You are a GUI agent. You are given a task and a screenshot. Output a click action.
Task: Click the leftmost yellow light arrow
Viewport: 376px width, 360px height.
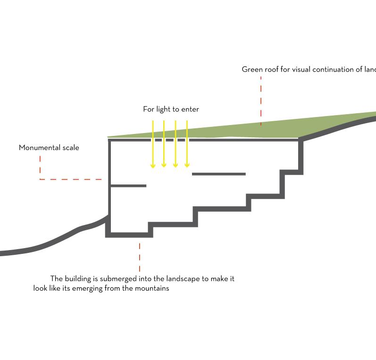pyautogui.click(x=153, y=144)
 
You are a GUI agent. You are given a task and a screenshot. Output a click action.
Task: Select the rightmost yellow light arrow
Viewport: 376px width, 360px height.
pyautogui.click(x=187, y=144)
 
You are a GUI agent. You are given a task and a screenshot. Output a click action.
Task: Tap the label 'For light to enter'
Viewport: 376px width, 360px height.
pyautogui.click(x=171, y=109)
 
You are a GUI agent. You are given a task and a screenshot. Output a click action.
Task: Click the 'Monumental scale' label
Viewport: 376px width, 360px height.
pyautogui.click(x=49, y=148)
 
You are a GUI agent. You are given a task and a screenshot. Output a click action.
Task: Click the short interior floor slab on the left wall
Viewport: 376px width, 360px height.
pyautogui.click(x=128, y=186)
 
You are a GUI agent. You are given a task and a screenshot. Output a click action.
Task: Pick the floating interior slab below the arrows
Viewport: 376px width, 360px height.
pyautogui.click(x=219, y=174)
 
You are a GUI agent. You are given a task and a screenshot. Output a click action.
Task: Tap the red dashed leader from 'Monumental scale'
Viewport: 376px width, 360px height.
pyautogui.click(x=71, y=179)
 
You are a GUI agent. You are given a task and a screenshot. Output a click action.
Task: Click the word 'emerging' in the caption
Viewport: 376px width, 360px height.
pyautogui.click(x=87, y=288)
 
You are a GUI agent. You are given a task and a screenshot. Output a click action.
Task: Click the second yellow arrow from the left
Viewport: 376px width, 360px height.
pyautogui.click(x=164, y=144)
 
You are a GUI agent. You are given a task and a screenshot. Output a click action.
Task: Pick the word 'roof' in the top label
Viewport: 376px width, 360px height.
pyautogui.click(x=272, y=69)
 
